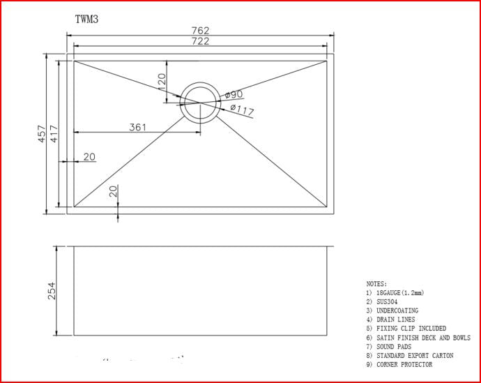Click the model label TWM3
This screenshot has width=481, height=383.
point(86,20)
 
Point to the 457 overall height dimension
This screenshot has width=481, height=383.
point(43,134)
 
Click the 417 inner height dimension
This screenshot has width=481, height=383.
point(54,134)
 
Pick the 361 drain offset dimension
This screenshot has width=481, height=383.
point(137,127)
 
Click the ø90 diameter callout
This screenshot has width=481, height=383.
point(234,94)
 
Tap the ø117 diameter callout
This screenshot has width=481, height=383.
point(241,110)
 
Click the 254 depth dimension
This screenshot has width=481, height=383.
point(52,290)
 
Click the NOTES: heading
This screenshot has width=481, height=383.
point(377,284)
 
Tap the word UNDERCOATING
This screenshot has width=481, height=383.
point(397,311)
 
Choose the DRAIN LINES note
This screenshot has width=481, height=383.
point(395,320)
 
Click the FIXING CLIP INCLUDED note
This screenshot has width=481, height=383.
point(411,329)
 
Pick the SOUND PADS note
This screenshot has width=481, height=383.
point(394,347)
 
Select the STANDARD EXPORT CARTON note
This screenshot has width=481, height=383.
point(415,356)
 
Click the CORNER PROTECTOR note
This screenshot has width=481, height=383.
point(404,365)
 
